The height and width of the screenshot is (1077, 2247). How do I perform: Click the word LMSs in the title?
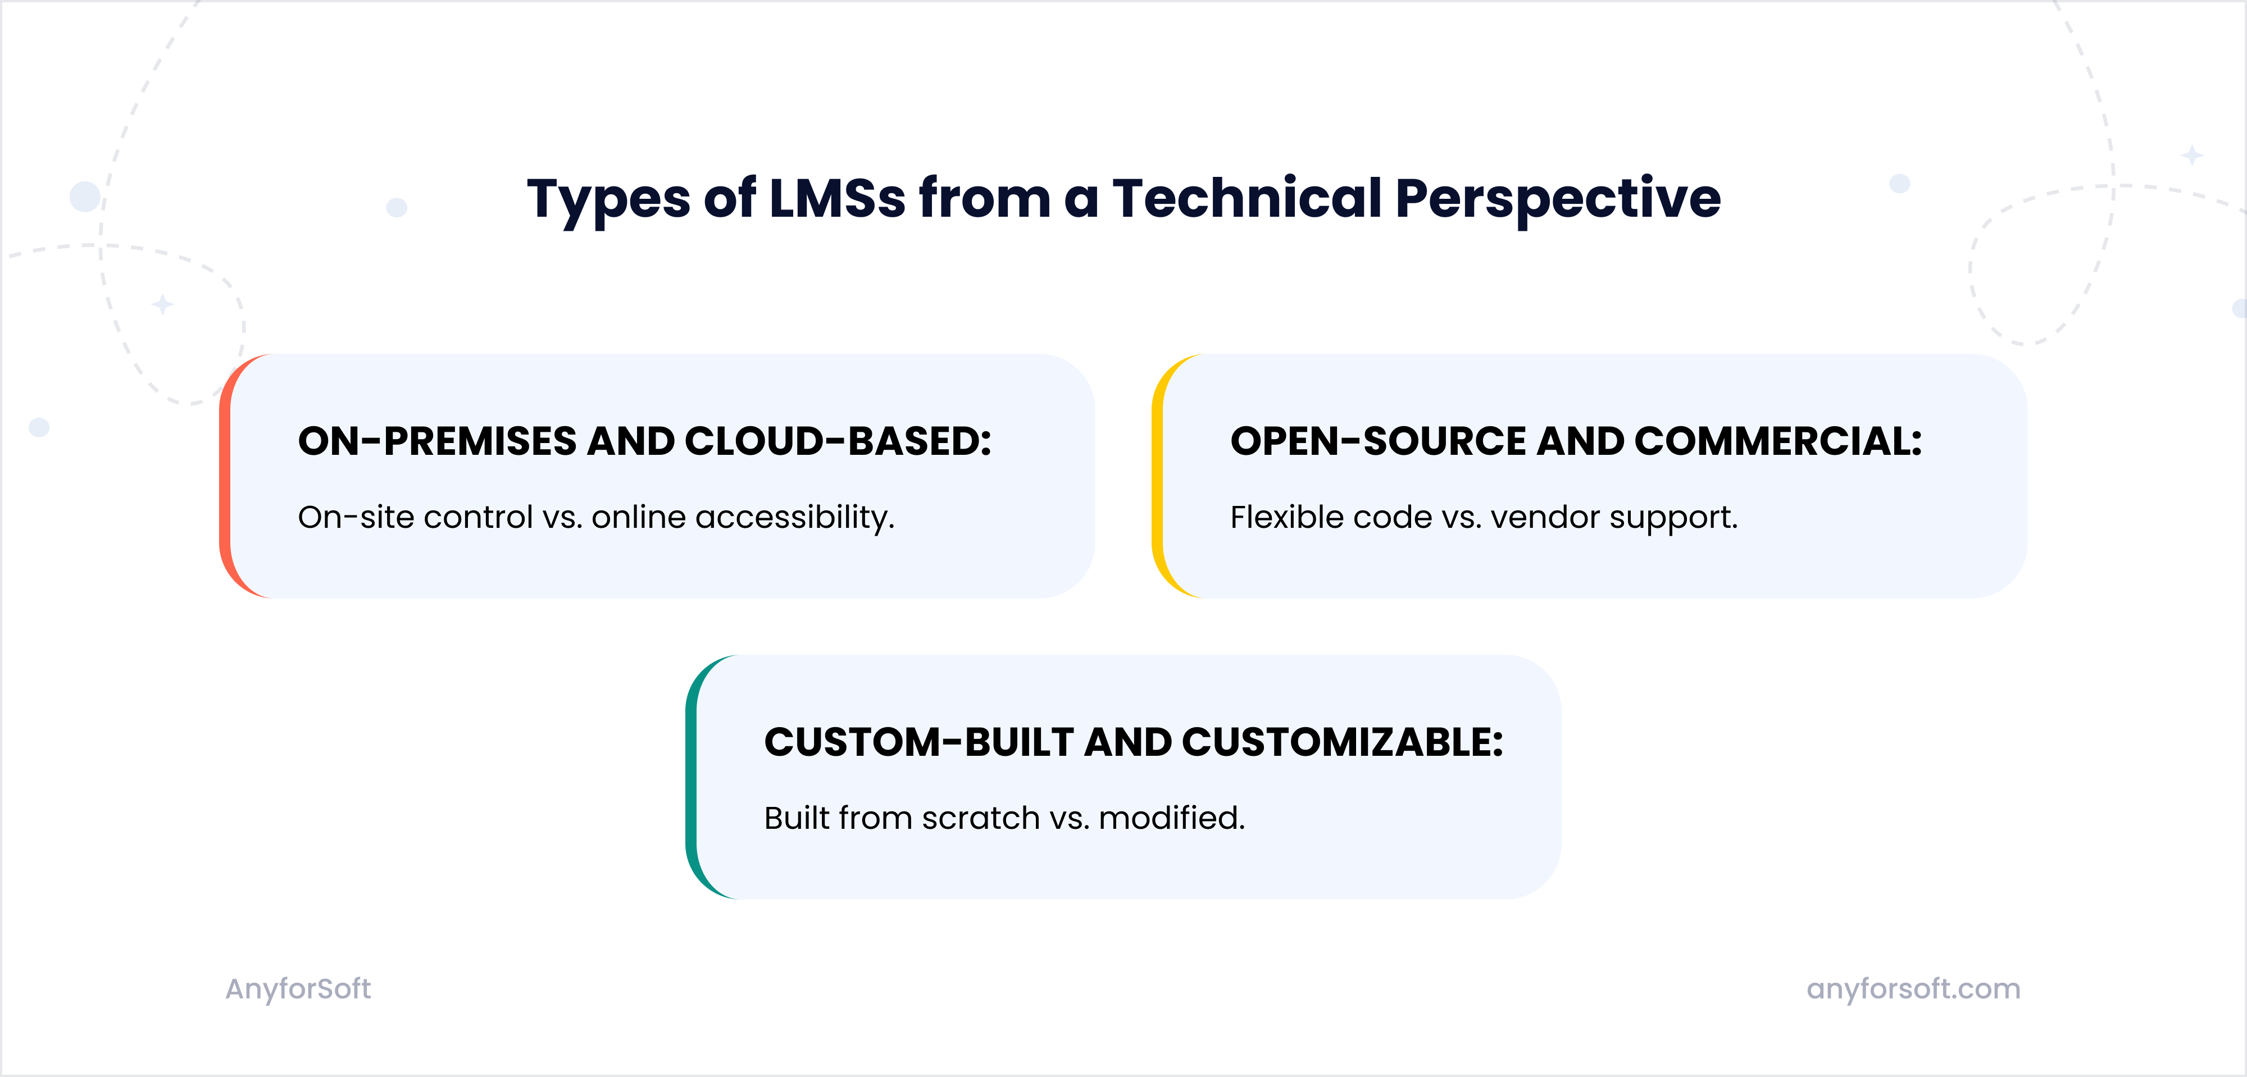838,198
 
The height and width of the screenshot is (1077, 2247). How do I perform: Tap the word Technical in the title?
1247,198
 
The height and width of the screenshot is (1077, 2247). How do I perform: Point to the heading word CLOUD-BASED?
838,441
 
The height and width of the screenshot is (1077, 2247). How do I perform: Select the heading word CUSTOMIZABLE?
1343,742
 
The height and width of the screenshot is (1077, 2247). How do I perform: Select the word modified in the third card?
1171,818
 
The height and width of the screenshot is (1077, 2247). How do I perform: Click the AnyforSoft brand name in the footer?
298,989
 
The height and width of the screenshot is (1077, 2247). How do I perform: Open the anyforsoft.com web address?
1913,989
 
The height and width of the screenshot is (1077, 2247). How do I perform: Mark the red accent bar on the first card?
226,476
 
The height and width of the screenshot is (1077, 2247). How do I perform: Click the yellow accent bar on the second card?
1158,476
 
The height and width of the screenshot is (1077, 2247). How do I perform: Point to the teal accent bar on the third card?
692,777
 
